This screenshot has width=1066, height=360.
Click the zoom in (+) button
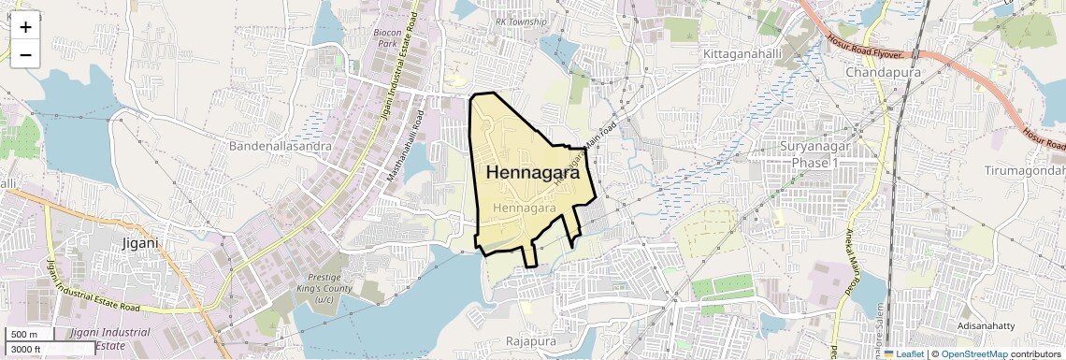pos(25,26)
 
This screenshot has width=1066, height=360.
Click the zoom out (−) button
pos(25,54)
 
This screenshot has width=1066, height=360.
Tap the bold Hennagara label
pos(532,173)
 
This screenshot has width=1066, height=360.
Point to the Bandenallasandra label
pos(280,146)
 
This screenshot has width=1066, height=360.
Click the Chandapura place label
pos(883,72)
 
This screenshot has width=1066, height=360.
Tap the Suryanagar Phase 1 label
pos(818,154)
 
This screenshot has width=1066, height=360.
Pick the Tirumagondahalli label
pos(1025,170)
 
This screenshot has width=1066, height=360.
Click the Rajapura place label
pos(531,341)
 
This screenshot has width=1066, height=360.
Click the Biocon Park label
pos(387,37)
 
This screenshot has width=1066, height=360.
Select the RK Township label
pos(521,22)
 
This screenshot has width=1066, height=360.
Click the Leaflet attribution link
pos(907,353)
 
